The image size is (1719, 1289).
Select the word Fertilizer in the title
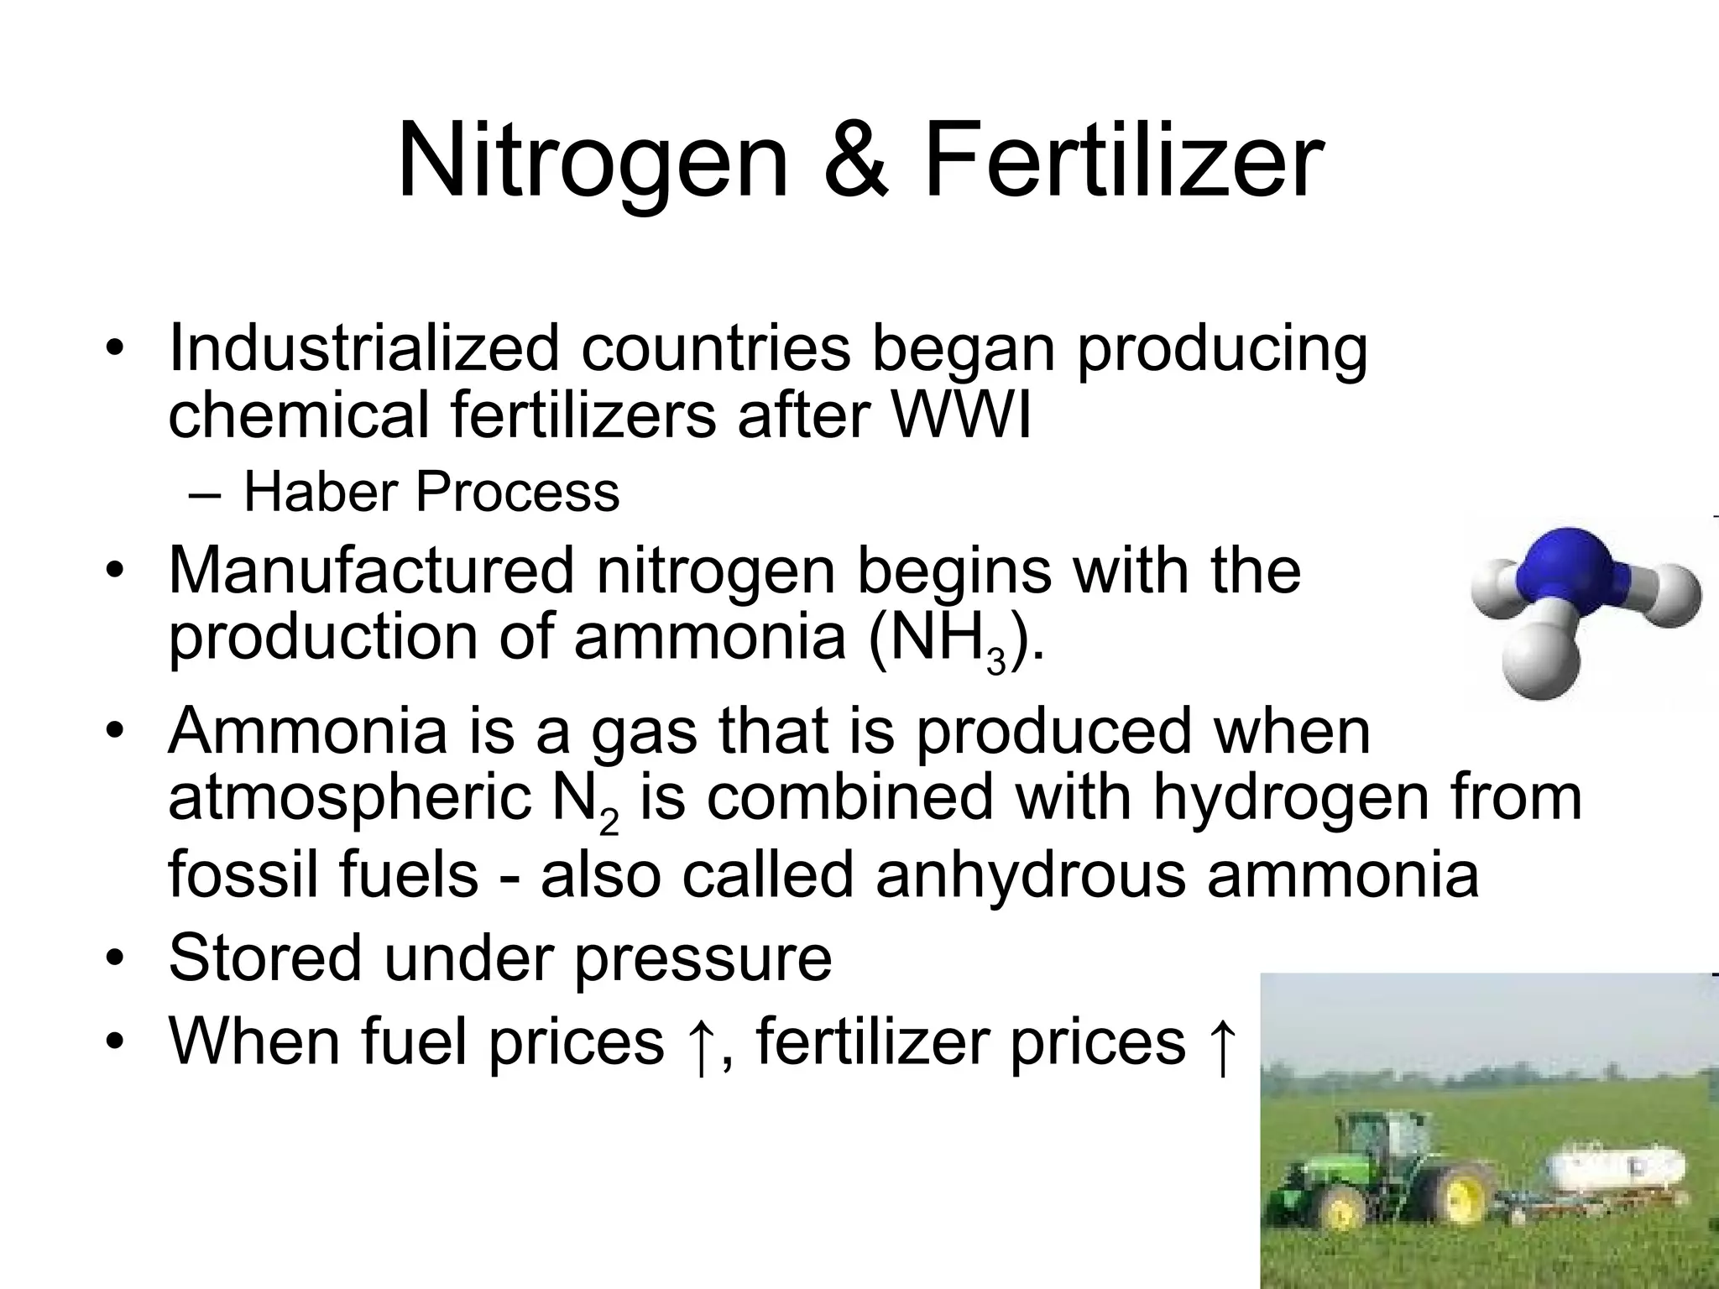tap(1123, 161)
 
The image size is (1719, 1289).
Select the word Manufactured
tap(371, 571)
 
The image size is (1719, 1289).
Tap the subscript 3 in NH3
tap(995, 661)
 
